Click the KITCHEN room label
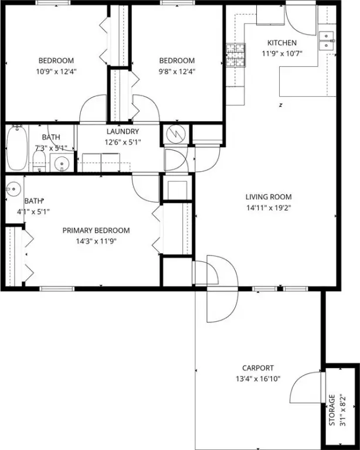pos(282,43)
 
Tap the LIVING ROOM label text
pos(269,197)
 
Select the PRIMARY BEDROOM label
pos(96,230)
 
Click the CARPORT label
pos(258,368)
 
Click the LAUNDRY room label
pos(123,131)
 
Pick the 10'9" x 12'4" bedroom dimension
pos(56,71)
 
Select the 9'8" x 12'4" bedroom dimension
pos(177,71)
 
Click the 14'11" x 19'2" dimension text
pos(269,208)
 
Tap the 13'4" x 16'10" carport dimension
pos(258,379)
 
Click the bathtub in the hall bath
pos(17,148)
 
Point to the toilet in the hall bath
pos(39,161)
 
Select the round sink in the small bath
pos(13,189)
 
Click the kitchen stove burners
pos(236,55)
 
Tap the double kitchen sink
pos(327,41)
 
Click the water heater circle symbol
pos(176,134)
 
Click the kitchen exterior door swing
pos(300,20)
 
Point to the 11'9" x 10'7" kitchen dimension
pos(282,54)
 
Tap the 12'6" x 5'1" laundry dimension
pos(123,142)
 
